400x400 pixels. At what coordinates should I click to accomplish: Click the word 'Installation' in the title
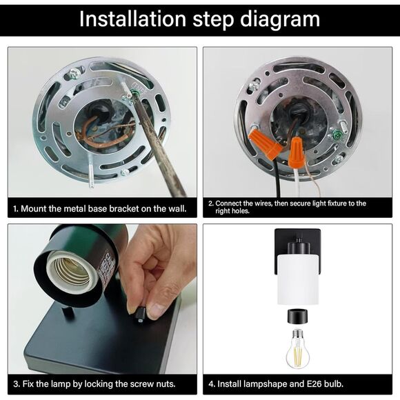click(x=132, y=19)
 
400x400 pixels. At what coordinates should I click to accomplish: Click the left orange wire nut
click(x=266, y=143)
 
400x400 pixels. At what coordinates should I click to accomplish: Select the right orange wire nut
click(x=295, y=152)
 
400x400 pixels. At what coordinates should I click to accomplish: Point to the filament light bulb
click(x=297, y=349)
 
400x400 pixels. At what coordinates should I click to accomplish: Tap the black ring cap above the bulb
click(x=297, y=317)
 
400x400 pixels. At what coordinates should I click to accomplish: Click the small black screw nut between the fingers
click(x=140, y=314)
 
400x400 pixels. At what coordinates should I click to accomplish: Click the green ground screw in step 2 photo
click(x=338, y=133)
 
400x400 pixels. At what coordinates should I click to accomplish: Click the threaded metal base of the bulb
click(x=298, y=334)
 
